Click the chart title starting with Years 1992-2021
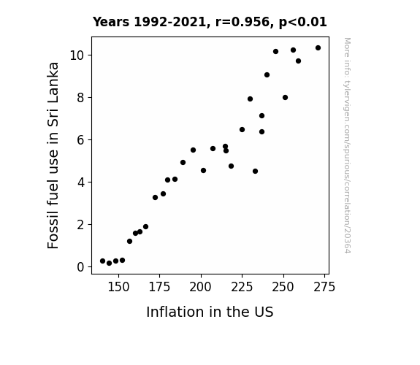click(210, 22)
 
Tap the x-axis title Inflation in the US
click(210, 312)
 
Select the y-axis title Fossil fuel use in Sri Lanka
click(53, 155)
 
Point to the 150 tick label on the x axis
click(118, 287)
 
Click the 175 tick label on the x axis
click(159, 287)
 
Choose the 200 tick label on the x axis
click(200, 287)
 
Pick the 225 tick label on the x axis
click(242, 287)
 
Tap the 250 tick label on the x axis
click(283, 287)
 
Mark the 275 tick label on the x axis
click(324, 287)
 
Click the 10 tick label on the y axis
click(77, 55)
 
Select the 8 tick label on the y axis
click(80, 98)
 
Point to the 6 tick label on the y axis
click(80, 140)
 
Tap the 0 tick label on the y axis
click(80, 267)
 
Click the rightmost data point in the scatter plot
click(318, 48)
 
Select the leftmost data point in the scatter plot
click(102, 261)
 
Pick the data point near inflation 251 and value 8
click(285, 98)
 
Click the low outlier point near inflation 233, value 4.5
click(255, 171)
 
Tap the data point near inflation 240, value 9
click(267, 74)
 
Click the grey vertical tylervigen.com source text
click(347, 145)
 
